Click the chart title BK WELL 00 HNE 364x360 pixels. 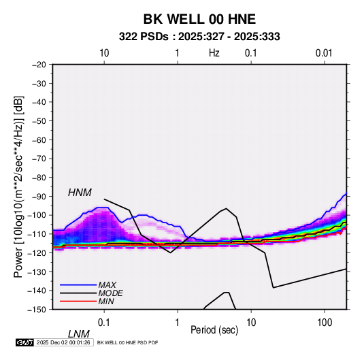pyautogui.click(x=199, y=19)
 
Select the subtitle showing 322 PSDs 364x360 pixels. pyautogui.click(x=199, y=37)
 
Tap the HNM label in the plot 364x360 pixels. pyautogui.click(x=80, y=193)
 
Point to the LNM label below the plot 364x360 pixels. pyautogui.click(x=78, y=334)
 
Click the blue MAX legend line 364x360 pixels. pyautogui.click(x=78, y=285)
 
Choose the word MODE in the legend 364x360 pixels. pyautogui.click(x=110, y=293)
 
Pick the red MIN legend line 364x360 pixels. pyautogui.click(x=78, y=301)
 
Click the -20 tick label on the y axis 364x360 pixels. pyautogui.click(x=39, y=65)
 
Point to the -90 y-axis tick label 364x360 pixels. pyautogui.click(x=39, y=197)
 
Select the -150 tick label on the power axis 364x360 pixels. pyautogui.click(x=37, y=310)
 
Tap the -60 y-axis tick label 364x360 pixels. pyautogui.click(x=39, y=140)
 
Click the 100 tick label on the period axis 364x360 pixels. pyautogui.click(x=325, y=323)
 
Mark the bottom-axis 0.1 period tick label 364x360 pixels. pyautogui.click(x=104, y=323)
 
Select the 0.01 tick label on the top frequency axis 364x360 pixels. pyautogui.click(x=324, y=53)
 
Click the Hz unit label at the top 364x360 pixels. pyautogui.click(x=214, y=53)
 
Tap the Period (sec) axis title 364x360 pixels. pyautogui.click(x=214, y=330)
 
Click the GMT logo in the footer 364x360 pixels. pyautogui.click(x=24, y=342)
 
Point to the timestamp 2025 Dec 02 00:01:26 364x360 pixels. pyautogui.click(x=63, y=342)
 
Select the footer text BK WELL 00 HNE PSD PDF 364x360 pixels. pyautogui.click(x=127, y=342)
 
